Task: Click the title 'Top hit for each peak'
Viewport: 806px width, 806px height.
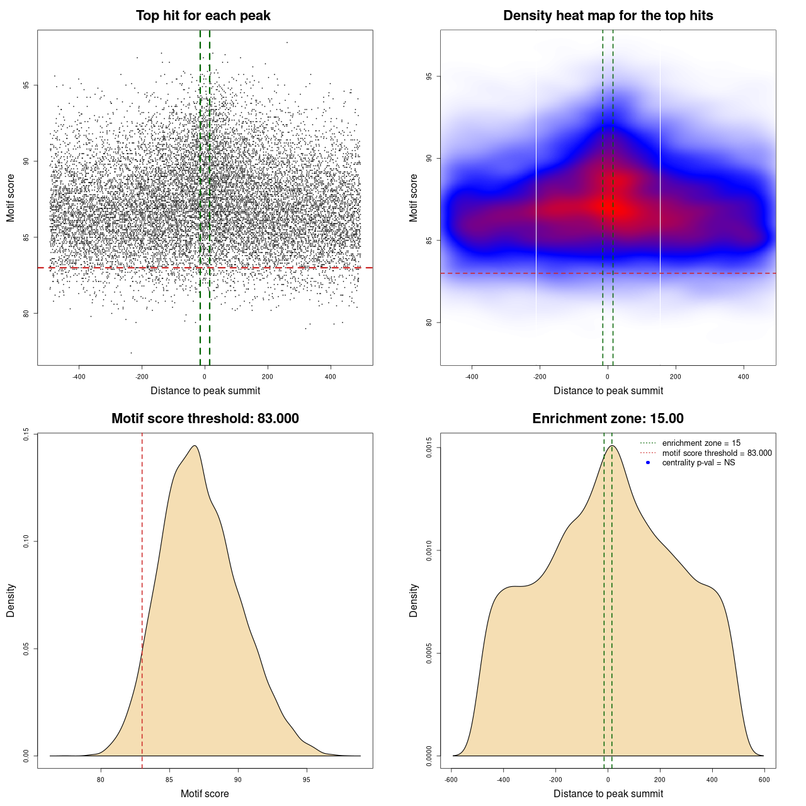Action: click(x=203, y=16)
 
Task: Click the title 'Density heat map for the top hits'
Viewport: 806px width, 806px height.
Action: click(x=608, y=16)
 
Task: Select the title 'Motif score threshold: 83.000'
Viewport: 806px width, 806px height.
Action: click(x=205, y=419)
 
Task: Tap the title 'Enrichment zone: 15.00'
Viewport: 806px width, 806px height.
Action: click(x=608, y=419)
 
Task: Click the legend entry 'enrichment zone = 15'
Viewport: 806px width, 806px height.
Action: click(x=701, y=443)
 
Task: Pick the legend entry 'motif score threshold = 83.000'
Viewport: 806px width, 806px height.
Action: click(x=717, y=453)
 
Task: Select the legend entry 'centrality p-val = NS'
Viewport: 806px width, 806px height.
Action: click(x=698, y=463)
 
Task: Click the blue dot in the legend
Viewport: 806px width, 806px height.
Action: click(x=648, y=463)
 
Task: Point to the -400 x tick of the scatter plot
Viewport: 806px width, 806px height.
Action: click(x=79, y=377)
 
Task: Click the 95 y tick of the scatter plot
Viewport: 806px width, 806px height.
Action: click(x=26, y=85)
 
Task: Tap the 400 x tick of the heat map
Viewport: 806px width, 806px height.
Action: click(x=744, y=377)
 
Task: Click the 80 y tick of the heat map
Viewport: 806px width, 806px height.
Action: click(x=429, y=322)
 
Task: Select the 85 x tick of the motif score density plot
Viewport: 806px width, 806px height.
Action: click(x=169, y=780)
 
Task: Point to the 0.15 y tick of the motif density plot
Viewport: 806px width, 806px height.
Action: click(x=26, y=434)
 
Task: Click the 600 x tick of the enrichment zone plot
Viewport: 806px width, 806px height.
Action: click(x=764, y=780)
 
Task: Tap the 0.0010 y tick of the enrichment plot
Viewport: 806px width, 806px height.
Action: click(x=429, y=550)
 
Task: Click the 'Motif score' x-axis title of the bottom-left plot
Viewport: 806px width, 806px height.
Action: click(x=205, y=793)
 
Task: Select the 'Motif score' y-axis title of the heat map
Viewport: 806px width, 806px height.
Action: click(x=414, y=198)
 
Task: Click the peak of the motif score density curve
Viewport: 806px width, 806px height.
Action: click(x=195, y=446)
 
